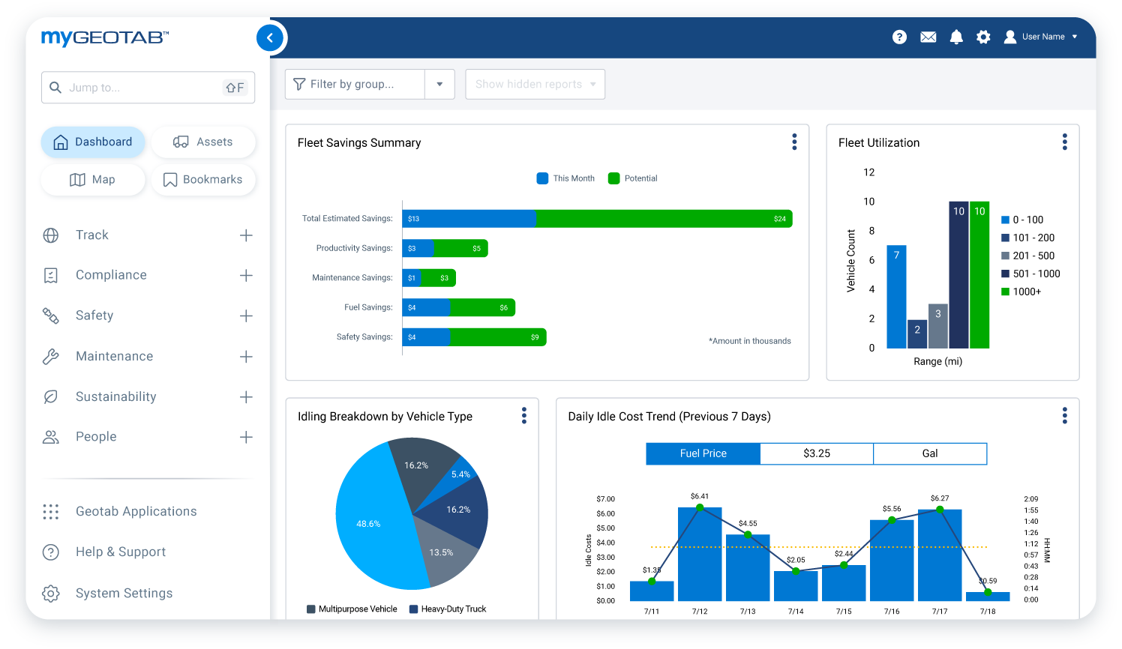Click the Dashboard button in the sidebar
pyautogui.click(x=93, y=142)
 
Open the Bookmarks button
pyautogui.click(x=203, y=180)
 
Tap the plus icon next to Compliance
pyautogui.click(x=246, y=276)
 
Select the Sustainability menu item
pyautogui.click(x=116, y=397)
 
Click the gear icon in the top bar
pyautogui.click(x=983, y=37)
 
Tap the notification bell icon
pyautogui.click(x=956, y=37)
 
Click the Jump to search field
pyautogui.click(x=142, y=88)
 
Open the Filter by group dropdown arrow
pyautogui.click(x=439, y=84)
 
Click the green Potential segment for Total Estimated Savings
pyautogui.click(x=664, y=219)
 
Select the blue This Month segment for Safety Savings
pyautogui.click(x=426, y=337)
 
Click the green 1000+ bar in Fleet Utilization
pyautogui.click(x=979, y=277)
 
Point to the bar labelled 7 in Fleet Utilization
pyautogui.click(x=896, y=297)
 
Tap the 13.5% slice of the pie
pyautogui.click(x=442, y=553)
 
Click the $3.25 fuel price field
pyautogui.click(x=817, y=453)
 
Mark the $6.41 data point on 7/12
pyautogui.click(x=700, y=507)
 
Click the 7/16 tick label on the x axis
pyautogui.click(x=892, y=612)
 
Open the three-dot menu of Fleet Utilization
pyautogui.click(x=1064, y=142)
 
